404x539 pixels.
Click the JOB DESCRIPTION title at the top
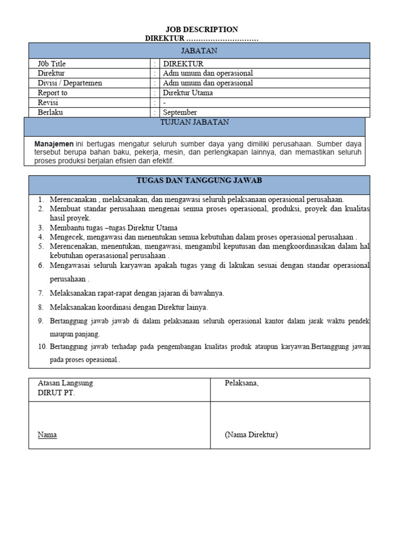(x=202, y=29)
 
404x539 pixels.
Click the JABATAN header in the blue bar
(x=199, y=51)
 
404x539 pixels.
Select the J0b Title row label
(x=52, y=64)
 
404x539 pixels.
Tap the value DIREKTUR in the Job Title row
(x=183, y=64)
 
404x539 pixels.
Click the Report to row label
(x=53, y=93)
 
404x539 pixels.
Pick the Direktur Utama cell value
(x=188, y=93)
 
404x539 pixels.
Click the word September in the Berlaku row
(x=180, y=112)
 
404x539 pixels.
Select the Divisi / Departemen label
(x=70, y=83)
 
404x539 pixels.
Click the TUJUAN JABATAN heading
(x=194, y=122)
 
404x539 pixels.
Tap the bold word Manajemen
(x=54, y=143)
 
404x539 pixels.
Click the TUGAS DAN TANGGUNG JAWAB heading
(x=199, y=181)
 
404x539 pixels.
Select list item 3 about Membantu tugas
(x=114, y=228)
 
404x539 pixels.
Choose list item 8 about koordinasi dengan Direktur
(x=128, y=307)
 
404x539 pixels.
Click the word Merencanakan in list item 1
(x=73, y=199)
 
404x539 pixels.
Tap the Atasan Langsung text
(x=65, y=383)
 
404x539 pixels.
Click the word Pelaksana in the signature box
(x=241, y=383)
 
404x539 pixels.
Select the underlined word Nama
(x=47, y=435)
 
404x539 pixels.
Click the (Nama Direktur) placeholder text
(x=251, y=435)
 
